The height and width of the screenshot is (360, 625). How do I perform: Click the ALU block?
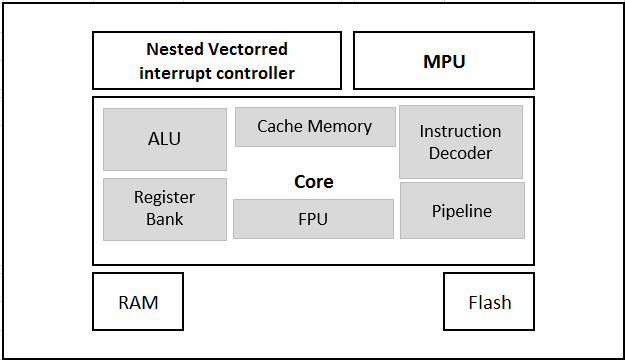tap(164, 139)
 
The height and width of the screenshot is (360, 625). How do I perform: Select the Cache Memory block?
tap(314, 127)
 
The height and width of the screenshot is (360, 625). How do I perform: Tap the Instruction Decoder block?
tap(460, 141)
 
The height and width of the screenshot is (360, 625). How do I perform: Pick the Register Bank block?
tap(164, 208)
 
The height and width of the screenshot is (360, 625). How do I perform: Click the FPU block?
tap(313, 218)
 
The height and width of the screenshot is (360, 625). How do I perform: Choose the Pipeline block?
tap(461, 210)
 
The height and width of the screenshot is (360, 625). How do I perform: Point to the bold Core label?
tap(313, 182)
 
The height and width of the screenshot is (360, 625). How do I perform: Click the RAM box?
tap(138, 302)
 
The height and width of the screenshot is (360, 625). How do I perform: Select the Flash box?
tap(489, 302)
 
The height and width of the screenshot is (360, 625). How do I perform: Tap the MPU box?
tap(444, 61)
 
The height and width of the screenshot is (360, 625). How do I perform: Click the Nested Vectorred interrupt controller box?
tap(217, 61)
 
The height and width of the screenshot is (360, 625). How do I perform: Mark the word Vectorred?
tap(248, 49)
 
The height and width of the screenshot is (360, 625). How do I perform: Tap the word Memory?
tap(339, 127)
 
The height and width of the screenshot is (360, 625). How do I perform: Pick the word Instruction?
tap(460, 131)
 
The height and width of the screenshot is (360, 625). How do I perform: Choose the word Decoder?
tap(460, 153)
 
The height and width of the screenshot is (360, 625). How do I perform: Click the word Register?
tap(164, 197)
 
